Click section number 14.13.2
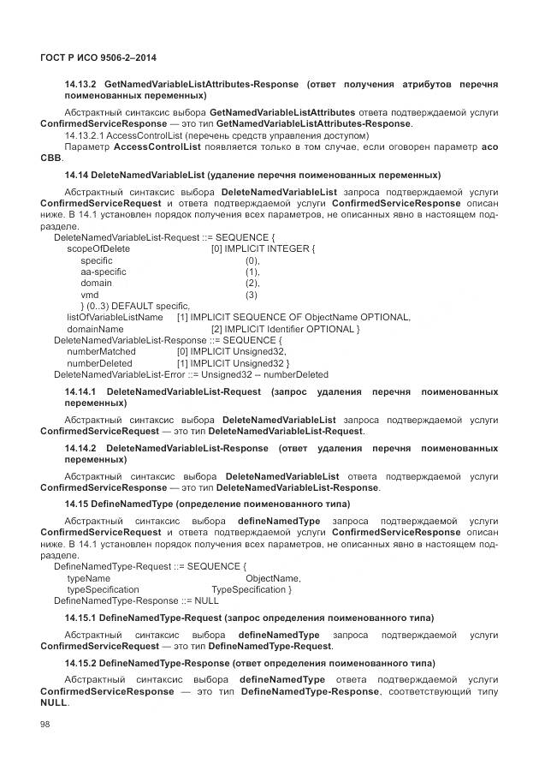[80, 84]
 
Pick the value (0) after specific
[252, 260]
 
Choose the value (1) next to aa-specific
[252, 272]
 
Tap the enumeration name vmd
[90, 295]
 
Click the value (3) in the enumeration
[252, 295]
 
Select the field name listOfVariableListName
[115, 317]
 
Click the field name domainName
[95, 329]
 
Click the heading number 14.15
[79, 503]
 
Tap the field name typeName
[88, 578]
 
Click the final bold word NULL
[53, 701]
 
